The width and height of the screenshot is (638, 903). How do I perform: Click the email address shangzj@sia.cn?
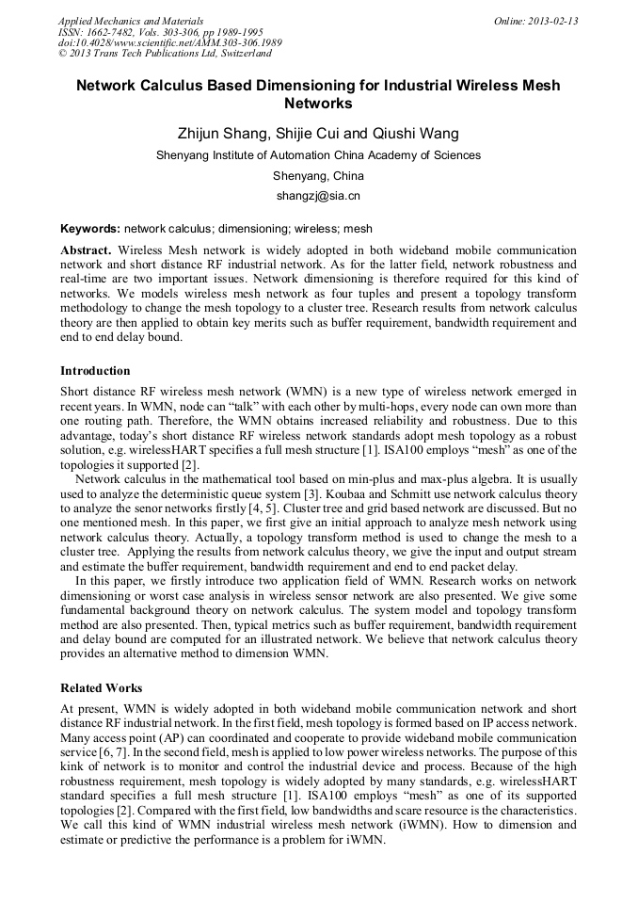(x=318, y=197)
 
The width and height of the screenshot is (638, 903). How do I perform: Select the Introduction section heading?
(x=95, y=371)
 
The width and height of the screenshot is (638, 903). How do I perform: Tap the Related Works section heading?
(x=101, y=688)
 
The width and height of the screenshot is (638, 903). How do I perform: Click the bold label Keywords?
(x=90, y=229)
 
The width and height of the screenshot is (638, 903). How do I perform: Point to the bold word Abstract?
(x=86, y=250)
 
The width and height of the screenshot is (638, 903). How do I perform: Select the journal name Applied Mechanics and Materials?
(x=131, y=21)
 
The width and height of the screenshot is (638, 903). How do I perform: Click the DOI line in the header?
(x=169, y=43)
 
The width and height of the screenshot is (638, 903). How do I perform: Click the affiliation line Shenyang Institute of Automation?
(x=318, y=155)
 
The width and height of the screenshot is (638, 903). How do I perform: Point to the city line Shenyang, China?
(x=318, y=176)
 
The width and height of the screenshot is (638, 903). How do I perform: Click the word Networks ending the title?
(x=318, y=104)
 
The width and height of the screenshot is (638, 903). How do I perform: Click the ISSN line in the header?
(x=160, y=32)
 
